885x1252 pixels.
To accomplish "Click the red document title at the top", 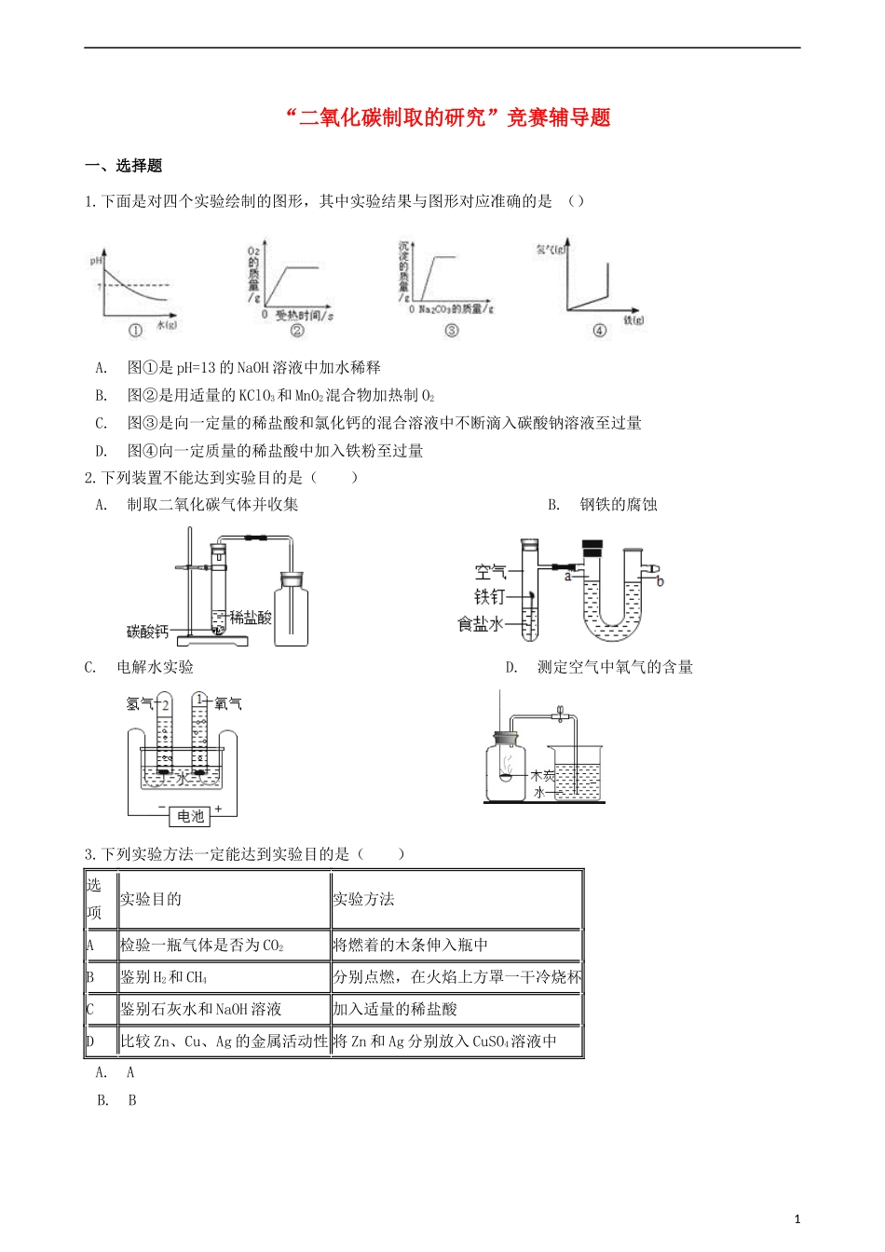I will [x=447, y=118].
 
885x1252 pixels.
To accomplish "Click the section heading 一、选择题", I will [x=123, y=166].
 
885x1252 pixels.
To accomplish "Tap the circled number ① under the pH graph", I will [x=135, y=331].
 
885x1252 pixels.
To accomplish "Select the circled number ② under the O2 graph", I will [x=297, y=331].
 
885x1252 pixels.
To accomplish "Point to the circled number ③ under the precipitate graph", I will [x=452, y=331].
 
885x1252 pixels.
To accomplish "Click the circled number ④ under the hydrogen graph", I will [x=599, y=331].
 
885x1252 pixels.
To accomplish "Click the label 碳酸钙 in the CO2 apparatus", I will [x=147, y=633].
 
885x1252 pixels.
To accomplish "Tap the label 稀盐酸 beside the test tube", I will [x=251, y=617].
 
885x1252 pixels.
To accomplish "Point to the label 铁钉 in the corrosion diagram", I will [x=489, y=596].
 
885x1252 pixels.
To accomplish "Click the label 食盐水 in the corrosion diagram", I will [x=480, y=623].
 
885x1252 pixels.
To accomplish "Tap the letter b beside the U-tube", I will [x=660, y=582].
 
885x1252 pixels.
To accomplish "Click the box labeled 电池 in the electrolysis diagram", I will [x=190, y=816].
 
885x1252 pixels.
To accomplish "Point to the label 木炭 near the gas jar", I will [x=542, y=775].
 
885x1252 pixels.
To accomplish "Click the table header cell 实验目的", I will [x=151, y=899].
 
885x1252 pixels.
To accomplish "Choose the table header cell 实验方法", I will [x=363, y=899].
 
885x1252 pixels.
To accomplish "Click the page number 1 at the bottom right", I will [x=796, y=1219].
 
